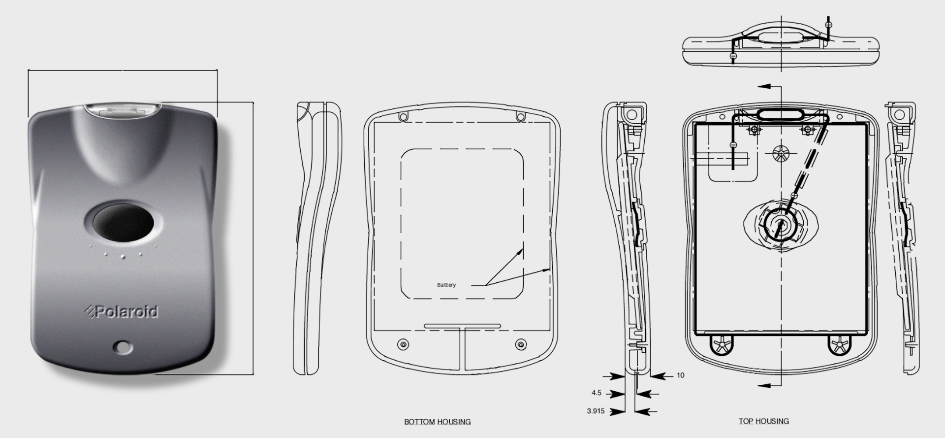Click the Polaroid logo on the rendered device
[x=122, y=312]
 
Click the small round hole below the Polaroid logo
[x=123, y=347]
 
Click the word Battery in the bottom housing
[x=446, y=285]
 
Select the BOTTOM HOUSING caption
[x=437, y=422]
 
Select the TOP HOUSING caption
[x=763, y=421]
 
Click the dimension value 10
[x=680, y=375]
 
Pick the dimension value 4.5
[x=596, y=393]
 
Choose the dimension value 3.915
[x=596, y=411]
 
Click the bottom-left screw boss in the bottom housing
[x=404, y=344]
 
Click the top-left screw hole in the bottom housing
[x=404, y=117]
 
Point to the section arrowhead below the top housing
[x=764, y=385]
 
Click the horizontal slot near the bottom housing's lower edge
[x=462, y=326]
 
